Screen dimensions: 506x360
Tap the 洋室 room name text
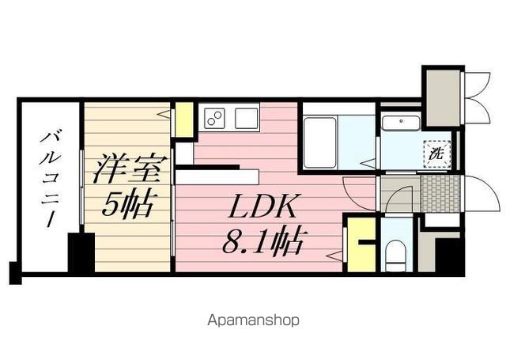tap(130, 169)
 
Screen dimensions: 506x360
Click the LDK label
tap(262, 206)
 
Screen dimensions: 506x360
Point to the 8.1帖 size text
tap(262, 240)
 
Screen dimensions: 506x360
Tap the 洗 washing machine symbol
tap(436, 154)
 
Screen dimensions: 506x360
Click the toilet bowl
tap(397, 256)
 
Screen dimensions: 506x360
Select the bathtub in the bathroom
tap(319, 142)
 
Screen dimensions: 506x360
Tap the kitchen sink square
tap(247, 118)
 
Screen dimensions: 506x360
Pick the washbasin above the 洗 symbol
tap(401, 123)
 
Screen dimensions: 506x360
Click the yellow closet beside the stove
tap(184, 119)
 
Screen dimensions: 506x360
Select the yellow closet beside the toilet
tap(361, 244)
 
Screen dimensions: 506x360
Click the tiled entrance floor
tap(440, 194)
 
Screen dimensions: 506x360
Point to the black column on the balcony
tap(81, 252)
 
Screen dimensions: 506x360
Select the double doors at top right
tap(477, 98)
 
